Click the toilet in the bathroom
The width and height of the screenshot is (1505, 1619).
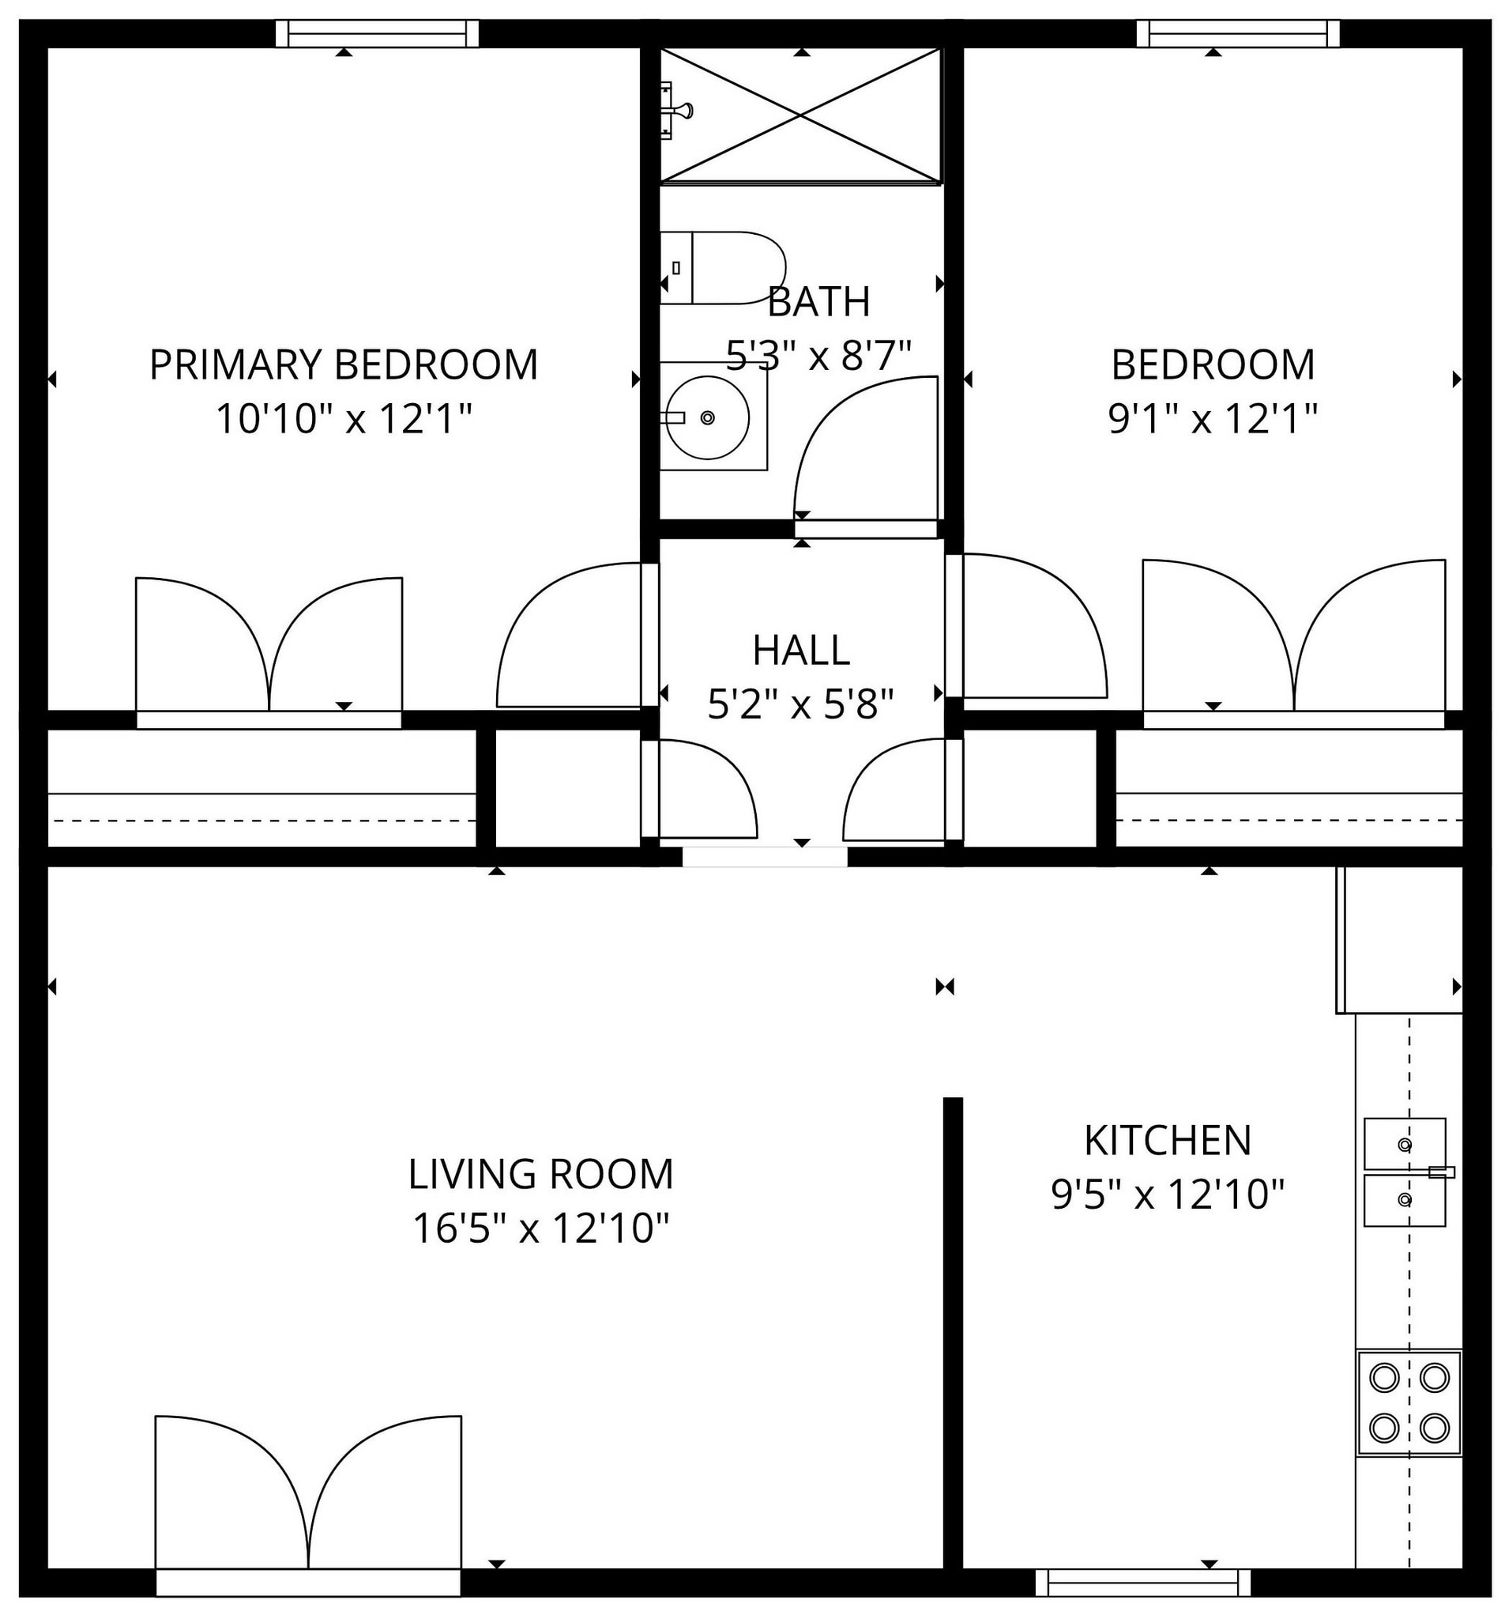click(722, 268)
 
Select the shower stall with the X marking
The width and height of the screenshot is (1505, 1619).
click(800, 115)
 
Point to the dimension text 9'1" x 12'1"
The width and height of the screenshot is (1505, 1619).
click(1212, 420)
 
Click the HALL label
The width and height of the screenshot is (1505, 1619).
click(801, 650)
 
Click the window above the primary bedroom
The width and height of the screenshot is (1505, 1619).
click(377, 34)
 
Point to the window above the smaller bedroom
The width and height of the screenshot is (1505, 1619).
click(1237, 34)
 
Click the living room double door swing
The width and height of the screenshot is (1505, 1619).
click(308, 1492)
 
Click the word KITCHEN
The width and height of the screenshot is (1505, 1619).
click(1166, 1141)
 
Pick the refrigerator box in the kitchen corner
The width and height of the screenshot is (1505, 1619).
click(1399, 940)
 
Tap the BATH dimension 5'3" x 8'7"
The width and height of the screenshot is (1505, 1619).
click(818, 355)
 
